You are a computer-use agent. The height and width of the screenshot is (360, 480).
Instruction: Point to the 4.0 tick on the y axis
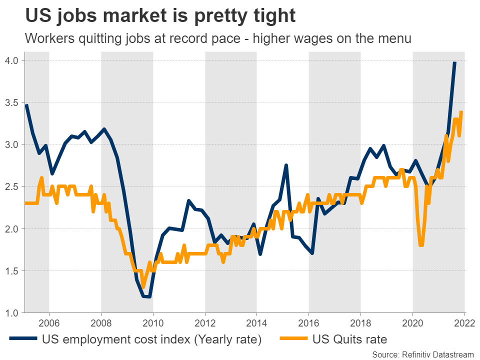[11, 60]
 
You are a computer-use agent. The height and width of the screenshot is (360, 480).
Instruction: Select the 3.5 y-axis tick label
[11, 102]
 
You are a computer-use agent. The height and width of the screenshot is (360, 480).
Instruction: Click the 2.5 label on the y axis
[11, 186]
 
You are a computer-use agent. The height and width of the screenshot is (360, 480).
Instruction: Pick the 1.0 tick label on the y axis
[11, 313]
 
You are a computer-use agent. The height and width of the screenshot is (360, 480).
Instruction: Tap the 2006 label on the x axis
[49, 322]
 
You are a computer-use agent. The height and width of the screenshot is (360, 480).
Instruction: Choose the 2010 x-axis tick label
[153, 322]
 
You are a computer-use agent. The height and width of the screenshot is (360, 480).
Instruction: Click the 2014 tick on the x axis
[257, 322]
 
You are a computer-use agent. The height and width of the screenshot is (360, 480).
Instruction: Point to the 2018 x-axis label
[361, 322]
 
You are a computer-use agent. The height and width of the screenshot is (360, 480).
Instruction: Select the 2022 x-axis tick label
[464, 322]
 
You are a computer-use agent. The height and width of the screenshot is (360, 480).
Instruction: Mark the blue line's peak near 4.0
[454, 62]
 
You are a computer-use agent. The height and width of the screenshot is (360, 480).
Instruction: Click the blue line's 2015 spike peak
[285, 165]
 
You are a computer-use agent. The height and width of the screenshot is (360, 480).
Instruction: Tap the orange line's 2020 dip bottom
[421, 245]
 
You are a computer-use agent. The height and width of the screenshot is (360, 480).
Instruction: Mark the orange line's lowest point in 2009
[143, 287]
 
